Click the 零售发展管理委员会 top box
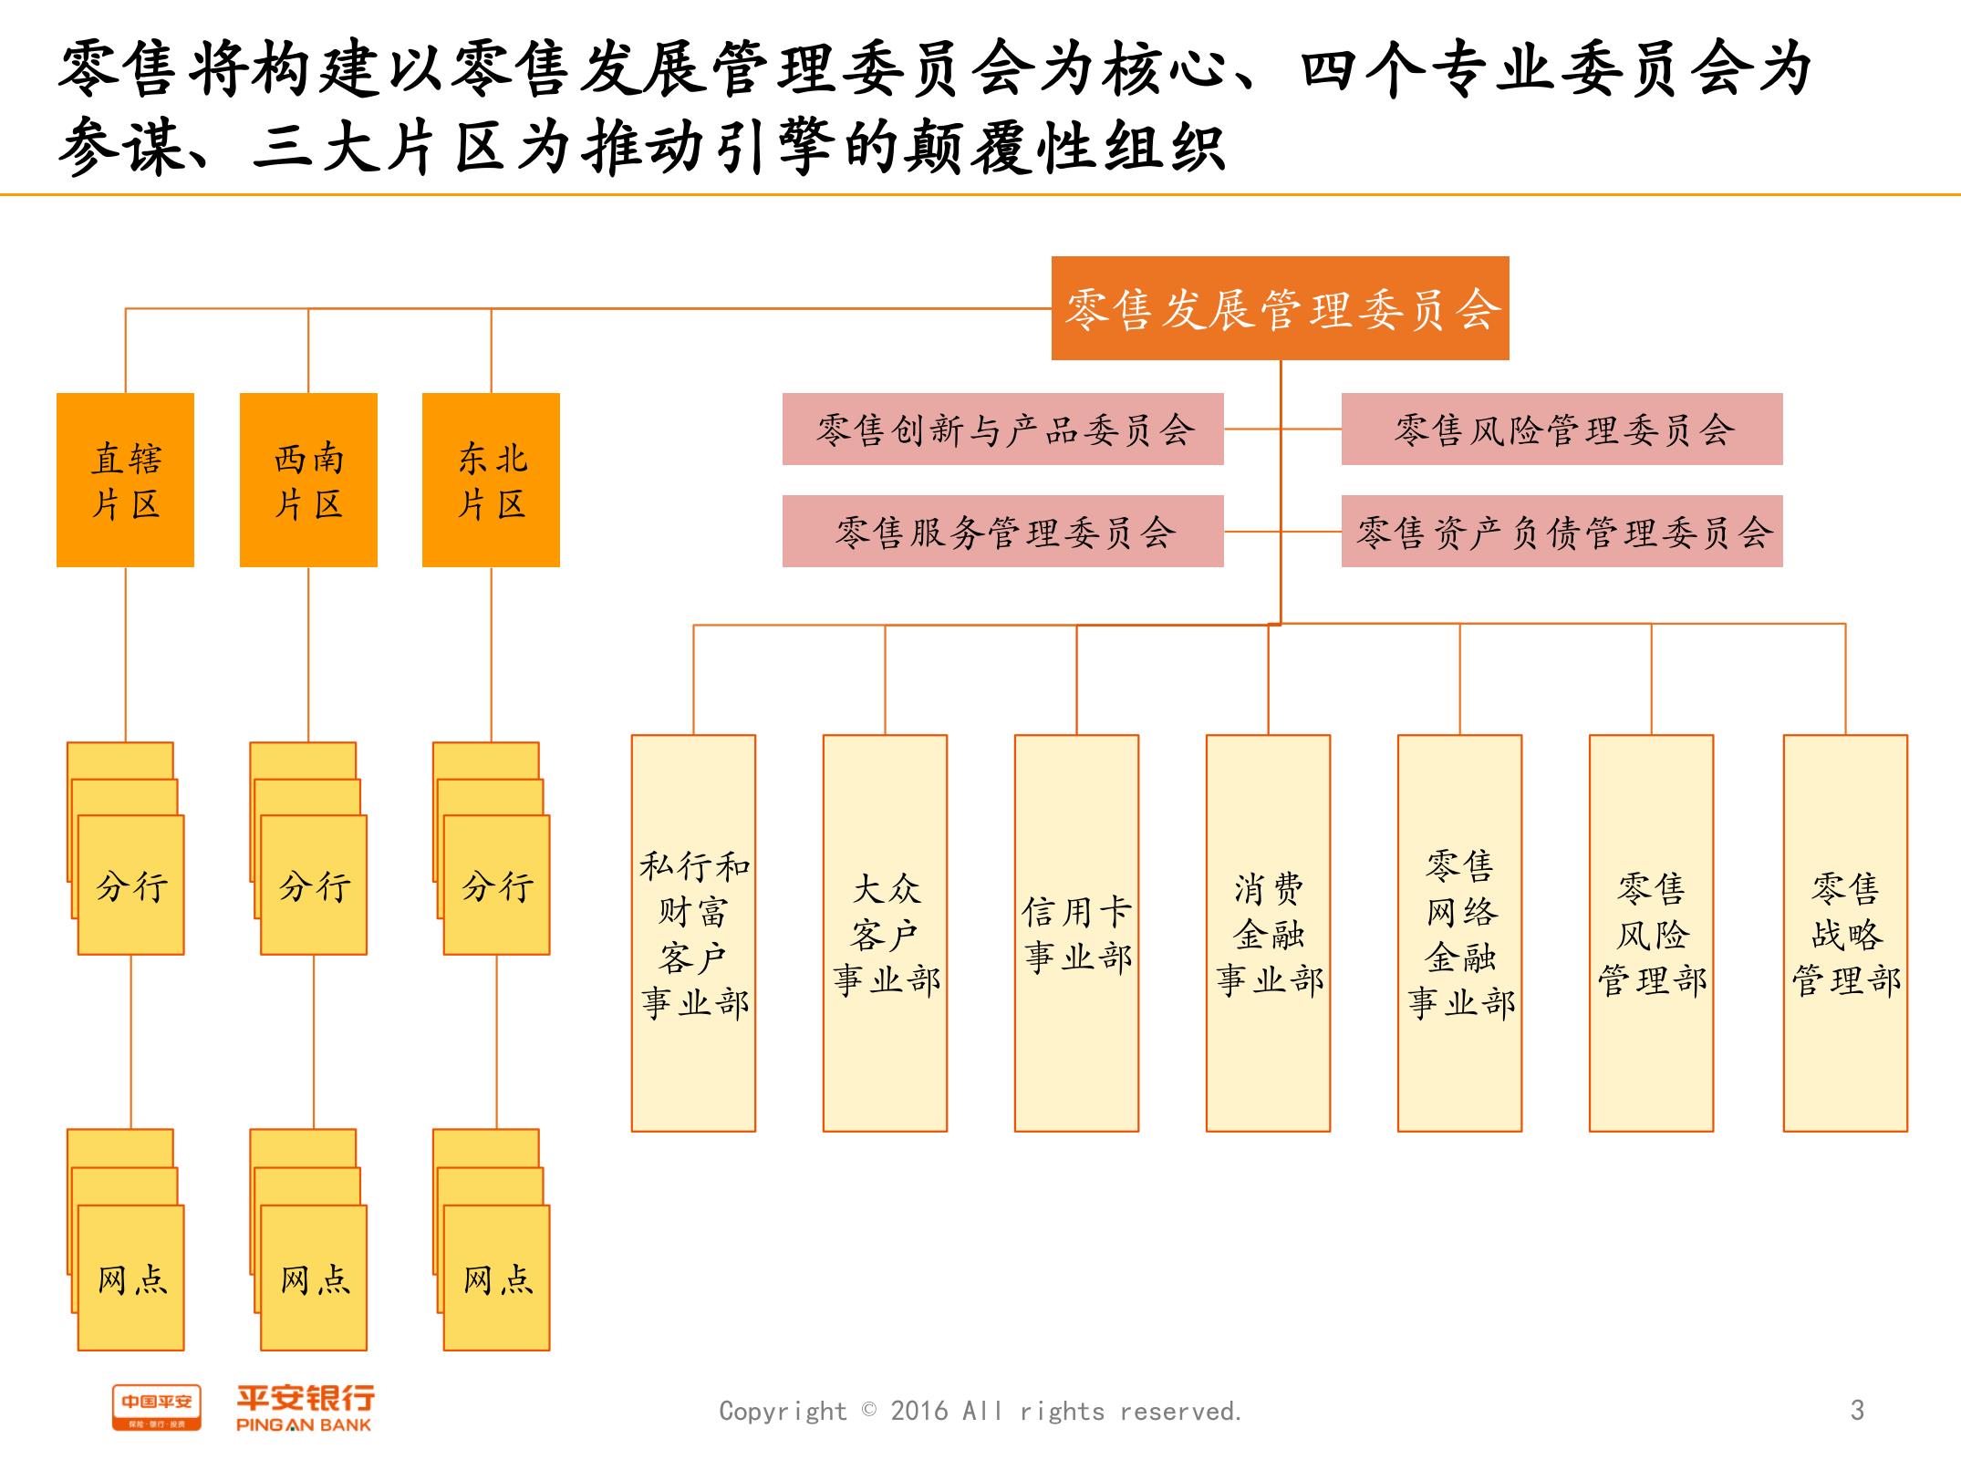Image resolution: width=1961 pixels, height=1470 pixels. click(x=1280, y=308)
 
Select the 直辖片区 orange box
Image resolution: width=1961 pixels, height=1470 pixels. click(x=125, y=480)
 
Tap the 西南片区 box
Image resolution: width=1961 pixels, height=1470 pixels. click(x=308, y=480)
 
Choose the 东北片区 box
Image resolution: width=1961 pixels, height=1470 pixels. click(x=491, y=480)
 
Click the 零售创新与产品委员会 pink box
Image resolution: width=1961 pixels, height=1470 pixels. click(x=1002, y=430)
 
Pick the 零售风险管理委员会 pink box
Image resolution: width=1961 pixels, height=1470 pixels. click(x=1562, y=430)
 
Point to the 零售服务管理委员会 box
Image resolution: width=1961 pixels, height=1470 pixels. click(x=1002, y=532)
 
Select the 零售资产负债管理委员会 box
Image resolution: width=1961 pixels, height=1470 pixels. click(x=1562, y=532)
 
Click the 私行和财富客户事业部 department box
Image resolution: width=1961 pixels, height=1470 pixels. click(x=693, y=933)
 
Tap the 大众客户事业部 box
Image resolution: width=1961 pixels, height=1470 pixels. click(x=885, y=933)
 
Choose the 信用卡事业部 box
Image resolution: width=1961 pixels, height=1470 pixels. click(x=1076, y=933)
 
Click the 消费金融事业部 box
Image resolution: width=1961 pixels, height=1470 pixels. click(x=1268, y=933)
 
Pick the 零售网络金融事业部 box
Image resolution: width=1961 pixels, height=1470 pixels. click(x=1459, y=933)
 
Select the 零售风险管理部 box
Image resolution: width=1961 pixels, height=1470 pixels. click(x=1651, y=933)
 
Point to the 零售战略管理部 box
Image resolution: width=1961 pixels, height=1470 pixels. click(x=1845, y=933)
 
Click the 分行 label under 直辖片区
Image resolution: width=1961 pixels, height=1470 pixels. click(x=131, y=885)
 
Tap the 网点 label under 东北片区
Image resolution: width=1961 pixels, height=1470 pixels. click(x=497, y=1279)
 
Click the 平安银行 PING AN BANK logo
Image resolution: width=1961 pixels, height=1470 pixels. click(x=305, y=1409)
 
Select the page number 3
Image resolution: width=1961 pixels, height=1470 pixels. click(x=1857, y=1411)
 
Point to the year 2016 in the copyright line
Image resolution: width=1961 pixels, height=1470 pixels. click(x=920, y=1412)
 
